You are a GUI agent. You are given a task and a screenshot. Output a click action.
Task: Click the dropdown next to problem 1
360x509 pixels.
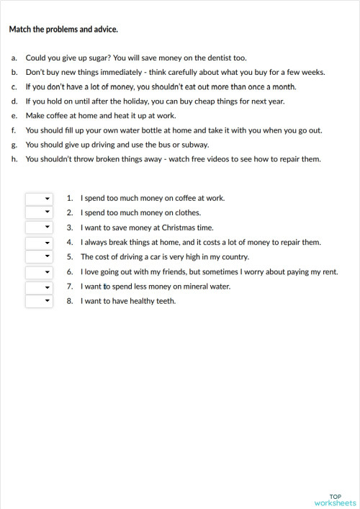pyautogui.click(x=39, y=198)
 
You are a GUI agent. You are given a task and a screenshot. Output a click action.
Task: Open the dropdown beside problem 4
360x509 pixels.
pyautogui.click(x=39, y=242)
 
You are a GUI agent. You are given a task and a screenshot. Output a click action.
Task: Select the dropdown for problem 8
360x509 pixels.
pyautogui.click(x=39, y=301)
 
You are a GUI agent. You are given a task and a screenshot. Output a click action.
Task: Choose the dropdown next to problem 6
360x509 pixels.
pyautogui.click(x=39, y=271)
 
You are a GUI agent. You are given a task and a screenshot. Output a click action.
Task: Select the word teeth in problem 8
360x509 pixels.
pyautogui.click(x=165, y=301)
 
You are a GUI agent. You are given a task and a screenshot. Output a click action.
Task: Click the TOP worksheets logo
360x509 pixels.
pyautogui.click(x=335, y=500)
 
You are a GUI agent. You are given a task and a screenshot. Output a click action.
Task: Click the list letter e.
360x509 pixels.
pyautogui.click(x=14, y=115)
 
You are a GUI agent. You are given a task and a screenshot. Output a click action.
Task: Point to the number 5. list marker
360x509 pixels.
pyautogui.click(x=70, y=257)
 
